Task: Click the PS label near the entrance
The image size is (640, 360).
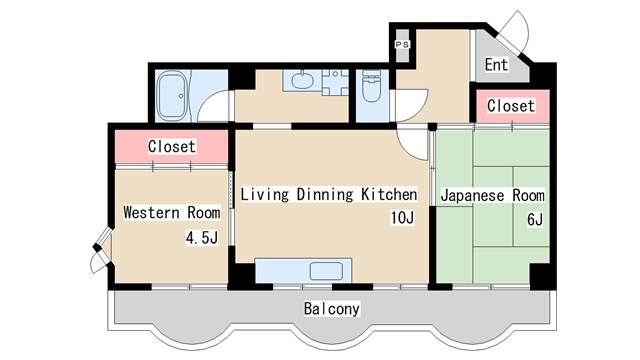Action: [402, 44]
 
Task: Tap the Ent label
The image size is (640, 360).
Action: [496, 64]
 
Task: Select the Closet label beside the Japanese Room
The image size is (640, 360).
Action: [511, 106]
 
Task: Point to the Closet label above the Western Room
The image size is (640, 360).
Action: [171, 146]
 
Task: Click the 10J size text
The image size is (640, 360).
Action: [402, 218]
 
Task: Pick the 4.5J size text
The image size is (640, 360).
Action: [202, 237]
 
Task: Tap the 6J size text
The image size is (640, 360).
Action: [535, 220]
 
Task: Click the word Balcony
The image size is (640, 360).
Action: [331, 309]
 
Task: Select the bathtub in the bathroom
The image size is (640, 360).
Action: [173, 96]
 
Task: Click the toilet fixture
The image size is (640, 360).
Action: [371, 87]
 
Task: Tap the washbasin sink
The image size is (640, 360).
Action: [302, 80]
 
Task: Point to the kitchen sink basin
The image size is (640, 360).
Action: [326, 271]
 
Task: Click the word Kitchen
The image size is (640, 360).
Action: [389, 194]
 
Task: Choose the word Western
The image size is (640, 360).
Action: [151, 213]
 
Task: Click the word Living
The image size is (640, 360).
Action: [264, 195]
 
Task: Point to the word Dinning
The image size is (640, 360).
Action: [324, 195]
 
